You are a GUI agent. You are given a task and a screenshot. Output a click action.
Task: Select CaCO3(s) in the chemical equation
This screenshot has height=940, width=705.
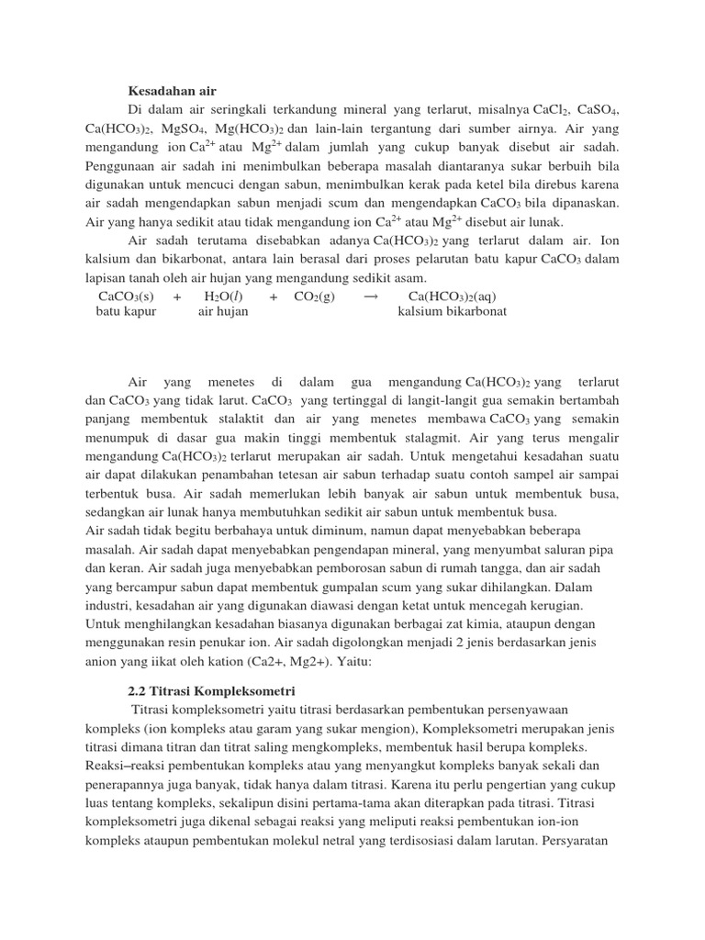[126, 297]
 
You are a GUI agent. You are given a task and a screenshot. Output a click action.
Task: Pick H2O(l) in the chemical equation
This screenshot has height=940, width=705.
[223, 297]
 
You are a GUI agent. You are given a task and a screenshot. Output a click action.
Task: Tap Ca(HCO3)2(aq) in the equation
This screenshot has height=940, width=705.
[452, 297]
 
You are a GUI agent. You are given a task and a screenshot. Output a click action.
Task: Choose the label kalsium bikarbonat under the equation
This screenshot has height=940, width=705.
[452, 312]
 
